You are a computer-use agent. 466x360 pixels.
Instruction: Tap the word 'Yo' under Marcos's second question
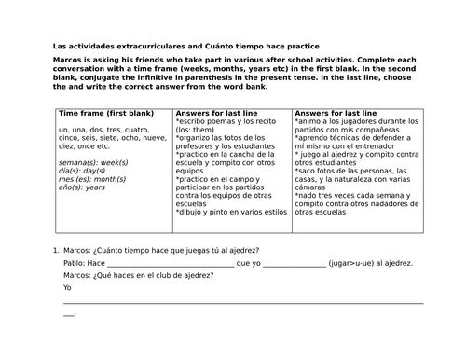point(67,288)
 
